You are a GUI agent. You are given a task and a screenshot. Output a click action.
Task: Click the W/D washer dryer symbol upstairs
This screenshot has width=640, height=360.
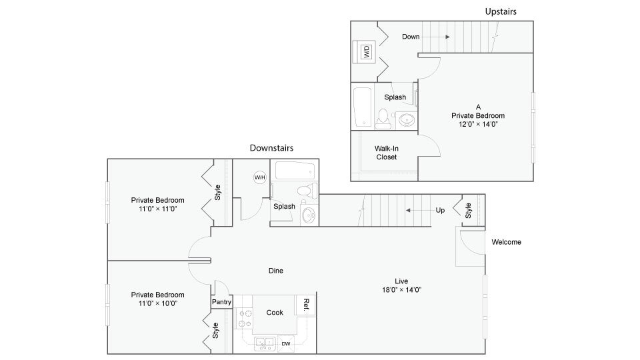coord(365,52)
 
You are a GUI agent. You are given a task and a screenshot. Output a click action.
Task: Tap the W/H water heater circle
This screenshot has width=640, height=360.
coord(259,177)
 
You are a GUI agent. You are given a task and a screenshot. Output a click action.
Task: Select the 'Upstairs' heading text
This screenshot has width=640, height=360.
coord(500,11)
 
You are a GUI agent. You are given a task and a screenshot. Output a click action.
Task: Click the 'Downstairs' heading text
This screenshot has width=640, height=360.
coord(271,148)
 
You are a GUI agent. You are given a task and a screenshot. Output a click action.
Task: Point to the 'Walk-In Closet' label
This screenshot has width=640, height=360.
coord(387,152)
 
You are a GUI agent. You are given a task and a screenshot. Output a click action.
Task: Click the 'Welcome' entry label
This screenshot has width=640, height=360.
coord(506,242)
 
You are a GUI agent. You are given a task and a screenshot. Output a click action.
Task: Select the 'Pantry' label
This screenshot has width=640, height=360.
coord(221,302)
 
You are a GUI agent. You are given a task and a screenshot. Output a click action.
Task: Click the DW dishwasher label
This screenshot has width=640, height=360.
coord(285,344)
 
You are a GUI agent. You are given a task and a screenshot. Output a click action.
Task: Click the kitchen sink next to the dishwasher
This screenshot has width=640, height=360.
coord(261,343)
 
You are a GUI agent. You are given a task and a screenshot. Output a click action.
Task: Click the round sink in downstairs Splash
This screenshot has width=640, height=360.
coord(309,215)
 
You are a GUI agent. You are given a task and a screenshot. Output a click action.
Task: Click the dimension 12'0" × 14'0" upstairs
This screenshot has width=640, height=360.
coord(478,123)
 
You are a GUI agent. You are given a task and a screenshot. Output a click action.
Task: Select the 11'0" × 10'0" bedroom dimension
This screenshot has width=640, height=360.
coord(158,303)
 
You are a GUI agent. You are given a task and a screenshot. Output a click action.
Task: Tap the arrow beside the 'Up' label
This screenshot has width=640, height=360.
coord(417,210)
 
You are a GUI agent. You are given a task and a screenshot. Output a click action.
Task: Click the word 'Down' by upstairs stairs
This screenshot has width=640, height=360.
coord(411,37)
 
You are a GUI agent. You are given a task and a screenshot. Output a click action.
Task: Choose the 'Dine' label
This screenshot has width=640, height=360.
coord(275,271)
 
